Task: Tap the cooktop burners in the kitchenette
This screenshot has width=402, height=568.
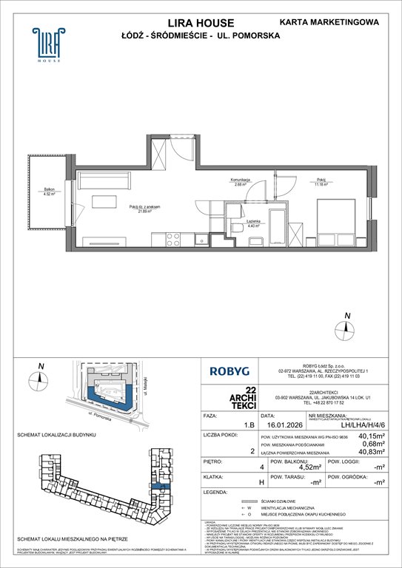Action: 173,239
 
